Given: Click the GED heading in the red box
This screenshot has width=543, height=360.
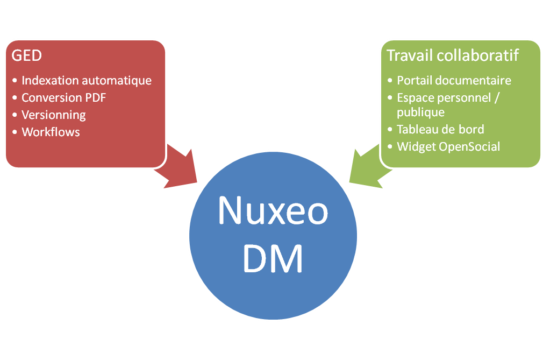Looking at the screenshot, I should tap(27, 55).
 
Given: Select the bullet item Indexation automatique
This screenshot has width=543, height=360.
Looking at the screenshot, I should tap(86, 81).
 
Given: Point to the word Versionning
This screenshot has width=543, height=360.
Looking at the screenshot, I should tap(53, 115).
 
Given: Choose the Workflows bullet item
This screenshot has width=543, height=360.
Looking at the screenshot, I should tap(51, 132).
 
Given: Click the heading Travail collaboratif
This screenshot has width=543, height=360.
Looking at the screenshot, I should tap(453, 55).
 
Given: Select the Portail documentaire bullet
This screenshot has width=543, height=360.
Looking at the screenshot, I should tap(454, 81).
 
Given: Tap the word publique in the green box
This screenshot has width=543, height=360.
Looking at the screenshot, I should tap(420, 112).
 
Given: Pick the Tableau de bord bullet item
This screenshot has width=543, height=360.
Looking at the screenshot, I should tap(440, 129).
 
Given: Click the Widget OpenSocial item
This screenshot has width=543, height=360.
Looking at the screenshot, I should tap(448, 146).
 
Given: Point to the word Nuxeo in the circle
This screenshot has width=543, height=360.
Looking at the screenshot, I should tap(273, 210).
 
